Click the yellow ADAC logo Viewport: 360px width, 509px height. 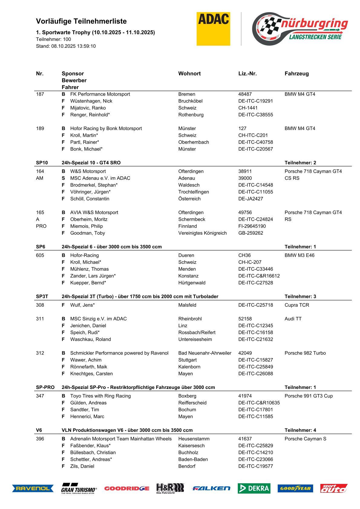click(x=213, y=29)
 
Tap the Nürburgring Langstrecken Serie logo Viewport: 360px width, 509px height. click(x=299, y=29)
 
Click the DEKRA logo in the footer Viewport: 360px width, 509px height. click(x=254, y=488)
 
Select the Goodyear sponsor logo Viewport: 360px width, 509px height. click(x=295, y=488)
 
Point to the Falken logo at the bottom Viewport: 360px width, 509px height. click(x=211, y=488)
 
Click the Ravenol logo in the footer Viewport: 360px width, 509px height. click(x=33, y=488)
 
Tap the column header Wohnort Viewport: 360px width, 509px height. click(x=189, y=73)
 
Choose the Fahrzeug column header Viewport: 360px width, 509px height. click(x=296, y=73)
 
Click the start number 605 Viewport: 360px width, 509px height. click(x=40, y=255)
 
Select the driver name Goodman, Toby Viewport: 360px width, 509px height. click(x=87, y=233)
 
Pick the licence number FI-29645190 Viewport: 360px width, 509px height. click(x=252, y=226)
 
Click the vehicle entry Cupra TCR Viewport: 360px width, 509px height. click(x=297, y=305)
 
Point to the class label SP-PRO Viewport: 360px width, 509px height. click(x=45, y=387)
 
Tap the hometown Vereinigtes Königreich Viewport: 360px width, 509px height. click(x=202, y=233)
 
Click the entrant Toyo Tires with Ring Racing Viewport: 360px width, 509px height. click(x=100, y=396)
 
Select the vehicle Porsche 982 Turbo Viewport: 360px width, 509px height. click(x=305, y=353)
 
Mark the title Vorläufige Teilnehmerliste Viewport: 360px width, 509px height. click(x=81, y=21)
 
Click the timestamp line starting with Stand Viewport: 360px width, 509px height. click(x=66, y=46)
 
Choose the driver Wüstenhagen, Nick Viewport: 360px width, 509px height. click(x=91, y=101)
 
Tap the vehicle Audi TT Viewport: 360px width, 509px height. click(x=293, y=318)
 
